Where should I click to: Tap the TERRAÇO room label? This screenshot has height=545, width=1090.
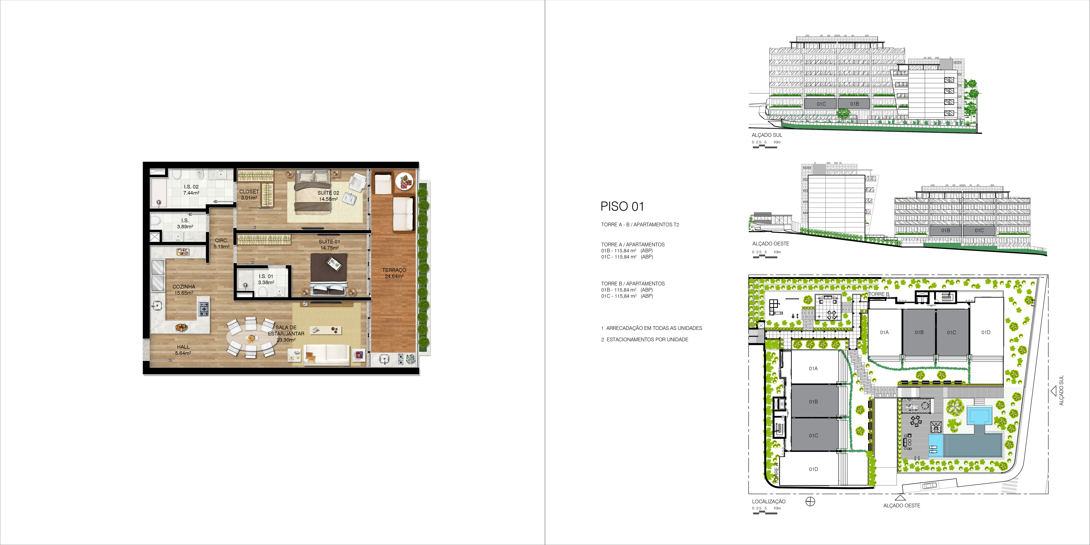pyautogui.click(x=394, y=270)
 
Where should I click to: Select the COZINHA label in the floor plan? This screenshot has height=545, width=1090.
pyautogui.click(x=184, y=287)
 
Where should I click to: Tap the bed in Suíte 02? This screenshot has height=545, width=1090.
pyautogui.click(x=313, y=190)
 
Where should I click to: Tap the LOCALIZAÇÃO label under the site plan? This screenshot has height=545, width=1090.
pyautogui.click(x=768, y=501)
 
